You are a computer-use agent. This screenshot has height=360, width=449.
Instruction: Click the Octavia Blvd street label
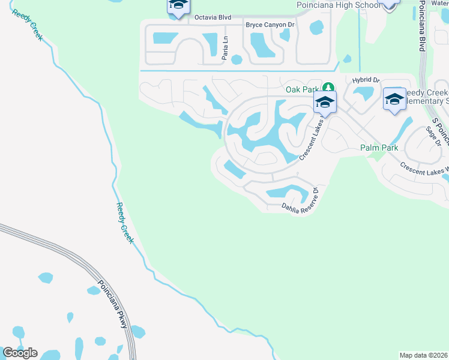click(x=212, y=18)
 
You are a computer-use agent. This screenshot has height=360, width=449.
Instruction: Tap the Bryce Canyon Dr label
click(x=271, y=25)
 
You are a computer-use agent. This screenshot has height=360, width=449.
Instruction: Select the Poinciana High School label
click(x=339, y=5)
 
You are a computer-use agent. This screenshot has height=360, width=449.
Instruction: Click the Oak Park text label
click(x=303, y=89)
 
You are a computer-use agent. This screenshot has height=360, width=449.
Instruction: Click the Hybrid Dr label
click(x=366, y=80)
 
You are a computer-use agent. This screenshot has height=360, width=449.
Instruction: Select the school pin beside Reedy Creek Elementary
click(x=394, y=99)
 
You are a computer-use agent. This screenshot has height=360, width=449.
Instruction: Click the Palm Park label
click(x=379, y=148)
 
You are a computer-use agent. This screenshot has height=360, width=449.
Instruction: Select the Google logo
click(x=20, y=352)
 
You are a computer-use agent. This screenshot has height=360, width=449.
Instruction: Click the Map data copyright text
click(x=424, y=355)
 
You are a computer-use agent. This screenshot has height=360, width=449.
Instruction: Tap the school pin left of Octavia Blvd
click(x=178, y=5)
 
